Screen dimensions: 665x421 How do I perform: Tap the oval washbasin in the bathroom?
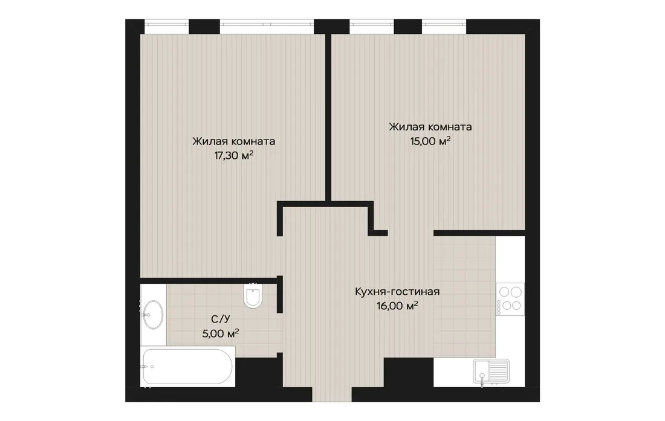(153, 314)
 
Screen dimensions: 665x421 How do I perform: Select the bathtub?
(187, 367)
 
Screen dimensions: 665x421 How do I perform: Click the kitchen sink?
(491, 371)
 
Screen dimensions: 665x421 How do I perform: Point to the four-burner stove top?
(510, 299)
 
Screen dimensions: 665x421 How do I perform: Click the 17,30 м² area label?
(234, 155)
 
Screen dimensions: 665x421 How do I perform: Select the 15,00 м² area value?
(430, 141)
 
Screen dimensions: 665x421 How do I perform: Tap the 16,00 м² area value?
(397, 306)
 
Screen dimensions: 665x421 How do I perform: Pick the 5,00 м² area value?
(221, 333)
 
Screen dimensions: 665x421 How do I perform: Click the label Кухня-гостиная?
(397, 291)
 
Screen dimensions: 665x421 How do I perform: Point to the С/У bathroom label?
(221, 319)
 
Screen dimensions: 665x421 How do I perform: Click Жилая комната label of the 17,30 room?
(234, 141)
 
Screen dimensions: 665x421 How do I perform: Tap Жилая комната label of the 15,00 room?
(430, 127)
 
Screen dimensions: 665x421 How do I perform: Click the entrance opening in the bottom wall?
(332, 394)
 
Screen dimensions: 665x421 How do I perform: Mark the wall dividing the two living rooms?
(328, 117)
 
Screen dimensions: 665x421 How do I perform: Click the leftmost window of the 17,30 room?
(167, 26)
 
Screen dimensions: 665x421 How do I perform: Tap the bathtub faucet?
(146, 367)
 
